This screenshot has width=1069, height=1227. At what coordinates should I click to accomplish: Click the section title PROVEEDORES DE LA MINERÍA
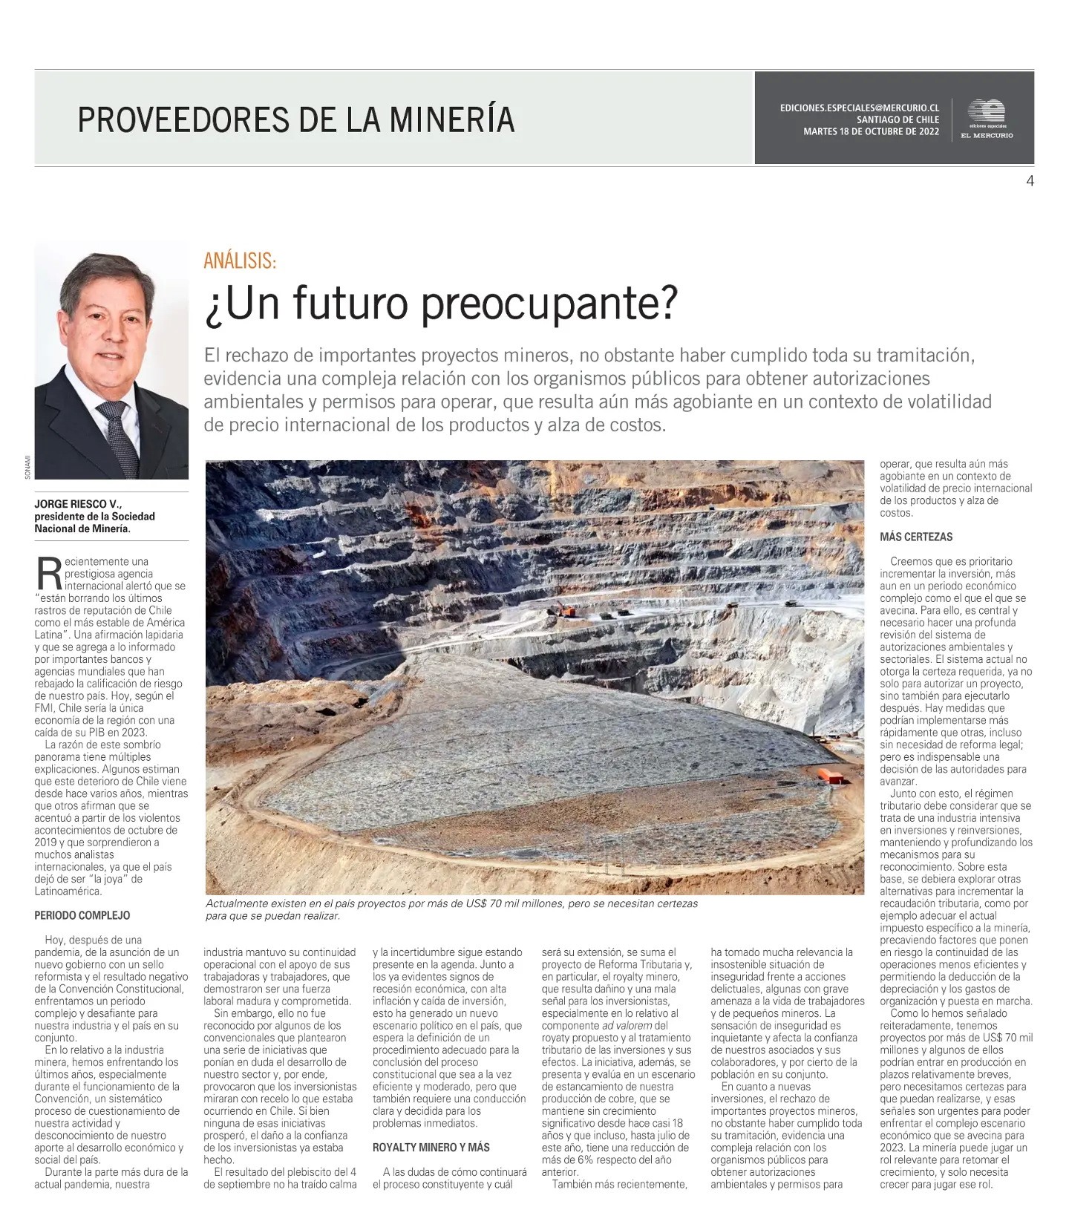296,120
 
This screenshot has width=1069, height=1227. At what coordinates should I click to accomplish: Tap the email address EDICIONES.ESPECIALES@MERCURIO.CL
859,108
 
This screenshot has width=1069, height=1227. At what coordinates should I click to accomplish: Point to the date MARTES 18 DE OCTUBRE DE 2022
871,132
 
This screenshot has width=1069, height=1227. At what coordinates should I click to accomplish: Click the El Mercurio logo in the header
986,119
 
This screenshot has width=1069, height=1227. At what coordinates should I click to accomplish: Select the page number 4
1030,180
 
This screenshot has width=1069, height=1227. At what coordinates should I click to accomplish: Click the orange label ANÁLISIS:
240,261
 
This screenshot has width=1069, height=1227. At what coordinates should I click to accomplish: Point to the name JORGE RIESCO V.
77,504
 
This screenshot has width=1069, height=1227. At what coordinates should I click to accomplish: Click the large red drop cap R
48,573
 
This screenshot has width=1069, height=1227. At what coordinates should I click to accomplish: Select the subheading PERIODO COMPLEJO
82,915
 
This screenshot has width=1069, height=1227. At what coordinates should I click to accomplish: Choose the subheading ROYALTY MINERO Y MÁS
431,1147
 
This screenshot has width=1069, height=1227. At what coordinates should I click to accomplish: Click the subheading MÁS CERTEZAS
916,537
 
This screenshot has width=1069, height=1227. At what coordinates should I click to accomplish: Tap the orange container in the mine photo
832,776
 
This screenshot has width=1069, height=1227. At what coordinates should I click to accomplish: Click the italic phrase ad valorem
627,1025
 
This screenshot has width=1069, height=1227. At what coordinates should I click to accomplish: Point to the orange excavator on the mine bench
563,611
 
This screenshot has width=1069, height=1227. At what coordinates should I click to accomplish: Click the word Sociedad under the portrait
133,517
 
